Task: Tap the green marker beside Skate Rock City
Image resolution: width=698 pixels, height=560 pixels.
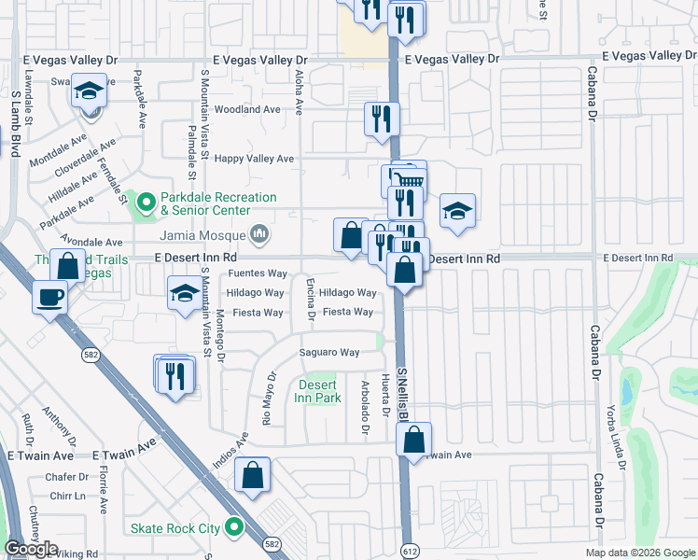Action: [234, 529]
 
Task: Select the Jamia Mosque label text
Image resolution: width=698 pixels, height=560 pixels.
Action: [202, 235]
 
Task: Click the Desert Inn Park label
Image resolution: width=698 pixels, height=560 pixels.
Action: [319, 391]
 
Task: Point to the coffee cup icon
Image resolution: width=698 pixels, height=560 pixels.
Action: [50, 298]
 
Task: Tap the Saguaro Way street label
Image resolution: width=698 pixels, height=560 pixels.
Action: [328, 352]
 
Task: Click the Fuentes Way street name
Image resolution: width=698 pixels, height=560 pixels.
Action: [258, 273]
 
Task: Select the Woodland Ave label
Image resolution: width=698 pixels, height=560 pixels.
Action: [247, 109]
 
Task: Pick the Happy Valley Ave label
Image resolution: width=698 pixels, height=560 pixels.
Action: [254, 159]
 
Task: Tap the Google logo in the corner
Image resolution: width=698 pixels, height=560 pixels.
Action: [31, 549]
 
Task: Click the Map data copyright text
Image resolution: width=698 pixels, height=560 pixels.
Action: [639, 553]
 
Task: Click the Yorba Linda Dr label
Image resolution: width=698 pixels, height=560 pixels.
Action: [617, 438]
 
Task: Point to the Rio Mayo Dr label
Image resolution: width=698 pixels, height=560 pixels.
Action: [271, 398]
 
